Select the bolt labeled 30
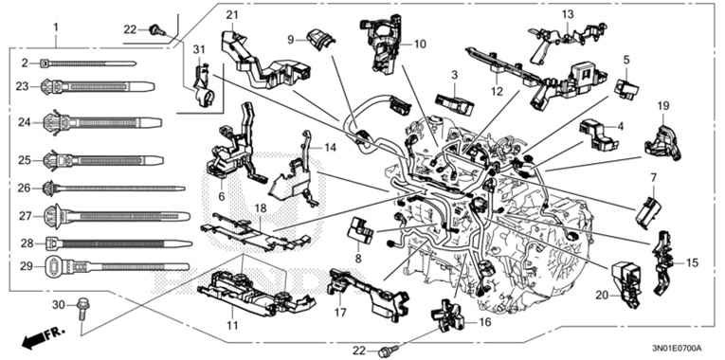coord(83,305)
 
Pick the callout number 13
coord(567,13)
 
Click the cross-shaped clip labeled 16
coord(449,316)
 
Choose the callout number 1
coord(56,26)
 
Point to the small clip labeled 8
coord(361,227)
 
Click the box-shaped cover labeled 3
coord(454,98)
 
